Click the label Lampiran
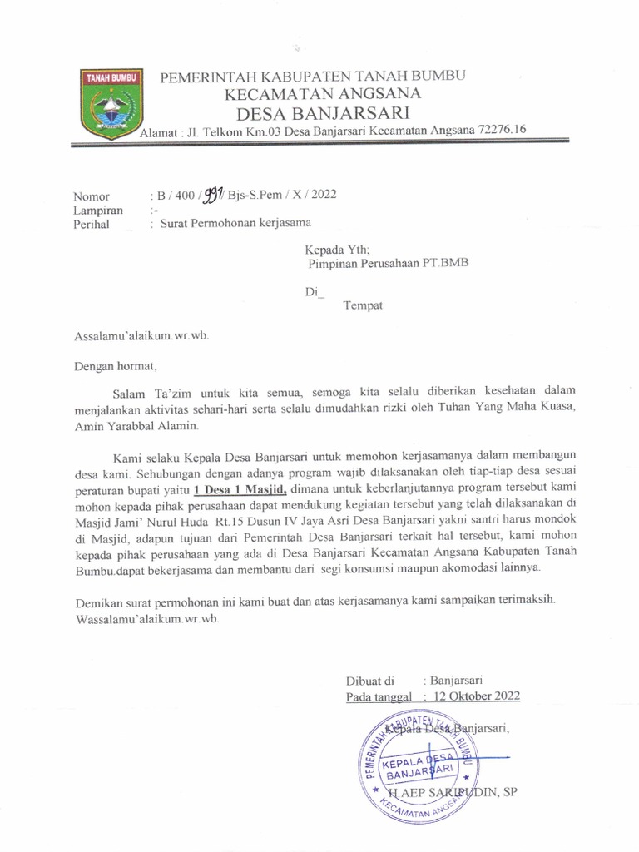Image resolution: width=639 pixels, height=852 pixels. coord(98,211)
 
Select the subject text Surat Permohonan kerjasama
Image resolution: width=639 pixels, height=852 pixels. coord(235,224)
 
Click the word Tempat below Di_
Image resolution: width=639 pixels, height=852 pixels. coord(363,305)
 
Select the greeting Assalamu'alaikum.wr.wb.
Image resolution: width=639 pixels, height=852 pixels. coord(141,335)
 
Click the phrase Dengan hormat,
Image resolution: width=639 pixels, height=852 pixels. coord(115,364)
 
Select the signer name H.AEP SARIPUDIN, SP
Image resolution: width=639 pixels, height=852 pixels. coord(449,792)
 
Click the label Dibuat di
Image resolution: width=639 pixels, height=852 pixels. coord(369,679)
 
